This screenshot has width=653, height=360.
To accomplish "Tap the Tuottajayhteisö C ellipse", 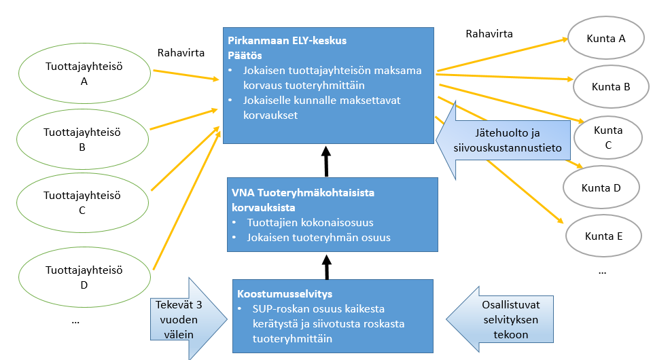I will [x=82, y=202].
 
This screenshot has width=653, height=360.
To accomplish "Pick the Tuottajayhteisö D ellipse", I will [x=83, y=277].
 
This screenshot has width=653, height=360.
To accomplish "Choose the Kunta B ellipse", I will [x=611, y=87].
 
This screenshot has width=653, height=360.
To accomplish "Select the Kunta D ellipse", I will [x=601, y=187].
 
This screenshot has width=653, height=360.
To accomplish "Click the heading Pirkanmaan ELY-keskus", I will [x=287, y=41].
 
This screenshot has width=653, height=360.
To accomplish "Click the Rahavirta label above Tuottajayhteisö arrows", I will [x=178, y=52].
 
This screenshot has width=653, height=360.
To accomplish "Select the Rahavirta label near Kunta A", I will [x=489, y=33].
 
